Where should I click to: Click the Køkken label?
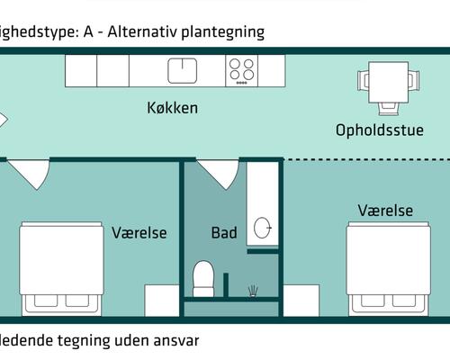point(172,108)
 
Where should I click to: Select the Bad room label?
point(224,233)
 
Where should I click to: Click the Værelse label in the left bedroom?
point(139,233)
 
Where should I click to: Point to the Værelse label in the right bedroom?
point(385,211)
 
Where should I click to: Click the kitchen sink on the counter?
point(183,70)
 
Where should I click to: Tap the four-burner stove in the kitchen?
point(240,70)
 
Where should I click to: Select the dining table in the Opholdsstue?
point(390,82)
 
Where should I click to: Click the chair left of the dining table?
point(364,82)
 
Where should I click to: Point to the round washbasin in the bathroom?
point(264,229)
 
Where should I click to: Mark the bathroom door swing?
point(216,173)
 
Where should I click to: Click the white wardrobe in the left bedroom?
point(162,301)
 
